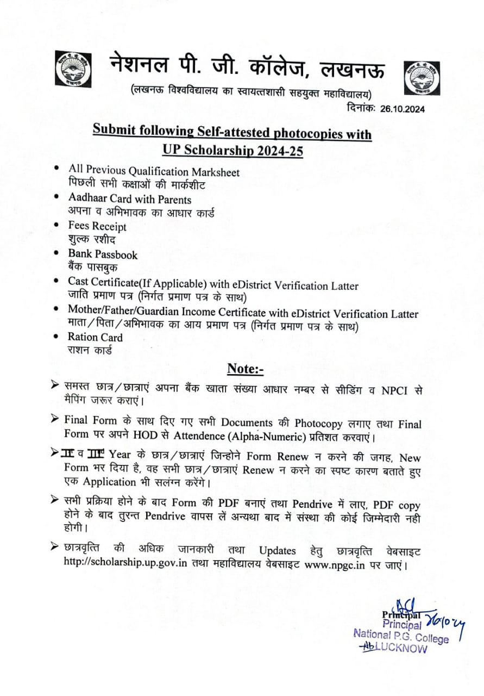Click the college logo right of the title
pyautogui.click(x=421, y=79)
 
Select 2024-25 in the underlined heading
pyautogui.click(x=279, y=150)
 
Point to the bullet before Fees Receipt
pyautogui.click(x=58, y=224)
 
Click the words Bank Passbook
pyautogui.click(x=103, y=254)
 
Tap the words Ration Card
pyautogui.click(x=95, y=337)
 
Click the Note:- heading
pyautogui.click(x=245, y=369)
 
